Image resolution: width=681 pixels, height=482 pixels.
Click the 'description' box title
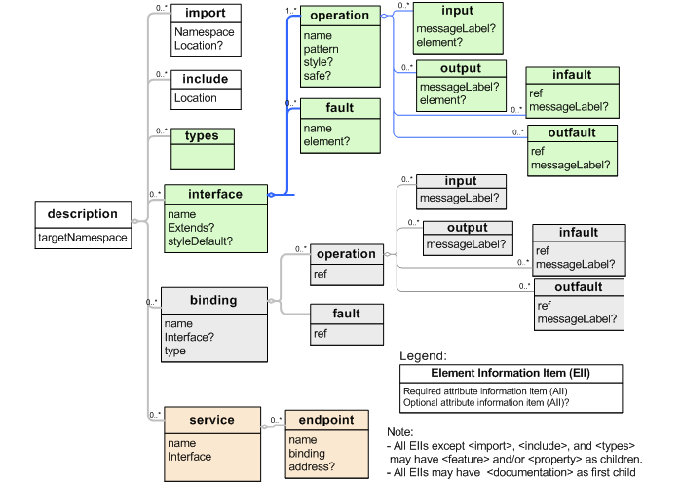pyautogui.click(x=82, y=214)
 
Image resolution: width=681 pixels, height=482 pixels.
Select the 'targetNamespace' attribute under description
pyautogui.click(x=82, y=237)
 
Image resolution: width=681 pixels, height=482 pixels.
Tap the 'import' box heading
pyautogui.click(x=206, y=14)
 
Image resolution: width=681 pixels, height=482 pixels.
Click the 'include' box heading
pyautogui.click(x=206, y=79)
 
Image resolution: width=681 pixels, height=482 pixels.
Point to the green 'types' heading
pyautogui.click(x=202, y=135)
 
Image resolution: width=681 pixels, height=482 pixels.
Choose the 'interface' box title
pyautogui.click(x=215, y=194)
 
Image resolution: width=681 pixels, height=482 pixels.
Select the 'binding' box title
pyautogui.click(x=213, y=300)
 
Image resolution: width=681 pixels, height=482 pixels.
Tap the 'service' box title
pyautogui.click(x=211, y=420)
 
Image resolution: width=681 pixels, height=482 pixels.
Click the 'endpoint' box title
pyautogui.click(x=326, y=420)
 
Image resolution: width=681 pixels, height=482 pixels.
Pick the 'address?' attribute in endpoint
pyautogui.click(x=311, y=466)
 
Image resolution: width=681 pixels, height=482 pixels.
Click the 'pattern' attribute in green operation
pyautogui.click(x=321, y=49)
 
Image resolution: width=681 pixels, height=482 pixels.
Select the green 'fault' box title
pyautogui.click(x=340, y=108)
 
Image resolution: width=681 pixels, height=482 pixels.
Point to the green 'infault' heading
pyautogui.click(x=572, y=76)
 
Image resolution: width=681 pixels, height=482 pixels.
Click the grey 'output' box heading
pyautogui.click(x=467, y=228)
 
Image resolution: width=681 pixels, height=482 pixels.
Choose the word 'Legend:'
pyautogui.click(x=424, y=356)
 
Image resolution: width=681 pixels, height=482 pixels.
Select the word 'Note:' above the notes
pyautogui.click(x=400, y=430)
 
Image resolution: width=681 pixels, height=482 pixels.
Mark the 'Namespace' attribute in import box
pyautogui.click(x=203, y=32)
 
